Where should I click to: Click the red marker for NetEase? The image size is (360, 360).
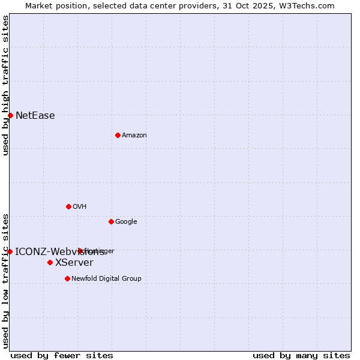click(x=10, y=115)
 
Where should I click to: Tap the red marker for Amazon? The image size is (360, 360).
click(x=118, y=135)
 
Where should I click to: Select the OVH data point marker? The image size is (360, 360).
click(x=68, y=206)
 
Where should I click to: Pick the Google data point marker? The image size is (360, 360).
click(x=111, y=221)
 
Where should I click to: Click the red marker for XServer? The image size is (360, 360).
click(x=50, y=262)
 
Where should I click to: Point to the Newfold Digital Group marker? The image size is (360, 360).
click(x=67, y=278)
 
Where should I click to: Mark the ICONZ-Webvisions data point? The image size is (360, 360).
click(x=10, y=251)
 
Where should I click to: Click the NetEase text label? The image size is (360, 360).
click(x=35, y=116)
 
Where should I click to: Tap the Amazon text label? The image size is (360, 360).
click(x=134, y=136)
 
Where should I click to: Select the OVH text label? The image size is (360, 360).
click(x=79, y=207)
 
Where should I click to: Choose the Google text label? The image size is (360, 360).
click(x=126, y=222)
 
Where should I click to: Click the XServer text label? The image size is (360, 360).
click(x=74, y=263)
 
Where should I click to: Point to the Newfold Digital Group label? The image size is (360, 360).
click(x=106, y=279)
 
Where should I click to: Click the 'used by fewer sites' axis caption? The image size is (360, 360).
click(x=62, y=356)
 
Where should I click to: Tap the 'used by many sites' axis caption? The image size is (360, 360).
click(x=301, y=356)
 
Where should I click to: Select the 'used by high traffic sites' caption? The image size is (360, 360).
click(x=6, y=85)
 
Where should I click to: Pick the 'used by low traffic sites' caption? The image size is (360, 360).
click(x=6, y=280)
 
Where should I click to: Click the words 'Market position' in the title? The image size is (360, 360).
click(x=53, y=6)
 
